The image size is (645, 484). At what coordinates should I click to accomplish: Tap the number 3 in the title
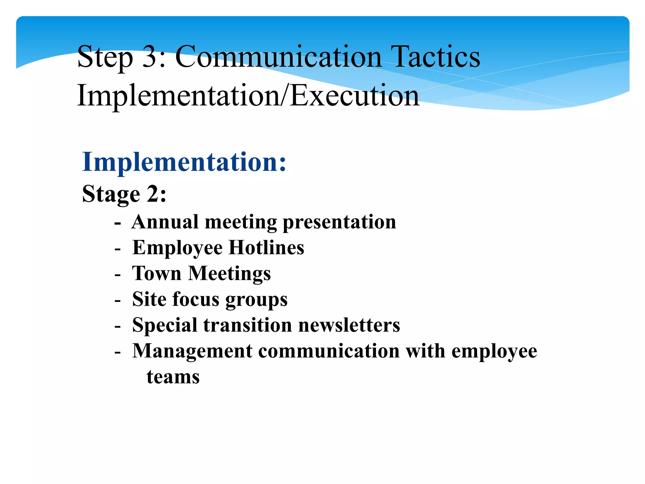pyautogui.click(x=150, y=57)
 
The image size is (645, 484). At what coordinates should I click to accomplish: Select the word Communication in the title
pyautogui.click(x=278, y=57)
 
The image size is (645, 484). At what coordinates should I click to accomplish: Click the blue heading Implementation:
pyautogui.click(x=184, y=162)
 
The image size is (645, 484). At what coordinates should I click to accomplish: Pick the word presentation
pyautogui.click(x=339, y=222)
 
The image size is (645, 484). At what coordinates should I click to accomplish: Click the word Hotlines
pyautogui.click(x=266, y=248)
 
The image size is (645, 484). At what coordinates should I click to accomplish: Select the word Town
pyautogui.click(x=157, y=273)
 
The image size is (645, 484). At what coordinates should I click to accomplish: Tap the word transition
pyautogui.click(x=248, y=325)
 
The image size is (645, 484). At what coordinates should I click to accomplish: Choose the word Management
pyautogui.click(x=192, y=351)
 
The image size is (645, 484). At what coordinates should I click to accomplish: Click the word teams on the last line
pyautogui.click(x=173, y=377)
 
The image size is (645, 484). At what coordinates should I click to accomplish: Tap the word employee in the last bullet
pyautogui.click(x=494, y=352)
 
